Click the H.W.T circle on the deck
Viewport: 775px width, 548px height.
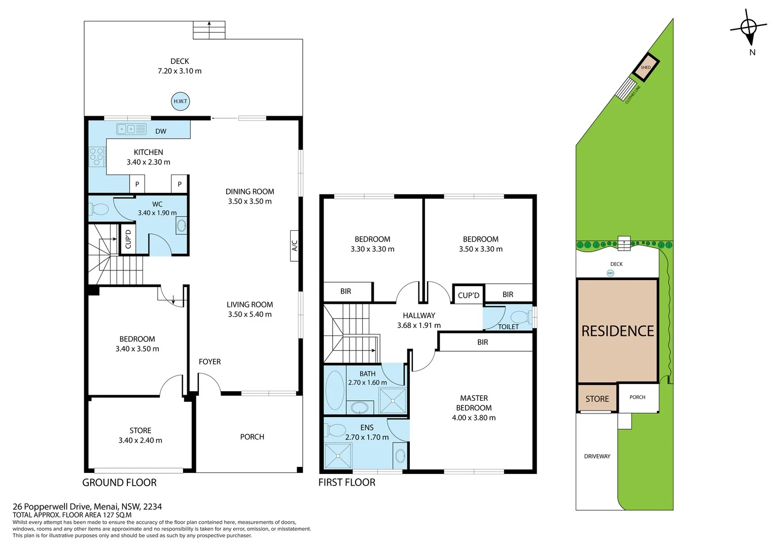181,101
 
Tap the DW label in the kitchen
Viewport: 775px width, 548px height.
161,131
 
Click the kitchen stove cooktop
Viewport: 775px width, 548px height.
97,157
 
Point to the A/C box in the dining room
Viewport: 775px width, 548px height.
295,246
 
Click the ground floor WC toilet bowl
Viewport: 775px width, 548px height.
100,209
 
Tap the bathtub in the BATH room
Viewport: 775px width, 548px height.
335,390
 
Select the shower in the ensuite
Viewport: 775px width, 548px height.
338,456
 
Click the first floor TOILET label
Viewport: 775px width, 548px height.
508,327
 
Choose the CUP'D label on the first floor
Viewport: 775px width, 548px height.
468,295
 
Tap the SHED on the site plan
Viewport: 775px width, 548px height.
646,67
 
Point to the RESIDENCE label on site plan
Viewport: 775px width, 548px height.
617,331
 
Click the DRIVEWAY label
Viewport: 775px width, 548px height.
597,457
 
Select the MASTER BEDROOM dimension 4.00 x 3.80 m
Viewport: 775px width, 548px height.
474,418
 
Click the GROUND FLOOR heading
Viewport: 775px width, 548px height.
119,483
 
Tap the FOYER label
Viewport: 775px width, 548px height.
209,362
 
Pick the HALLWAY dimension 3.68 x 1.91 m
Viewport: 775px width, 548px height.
418,325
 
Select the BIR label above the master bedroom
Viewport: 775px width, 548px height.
482,342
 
